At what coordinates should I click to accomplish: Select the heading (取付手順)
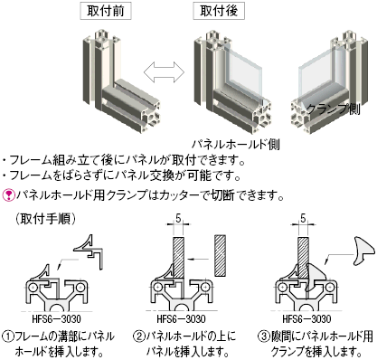[x=48, y=218]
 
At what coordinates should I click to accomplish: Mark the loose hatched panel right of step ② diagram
[x=221, y=255]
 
